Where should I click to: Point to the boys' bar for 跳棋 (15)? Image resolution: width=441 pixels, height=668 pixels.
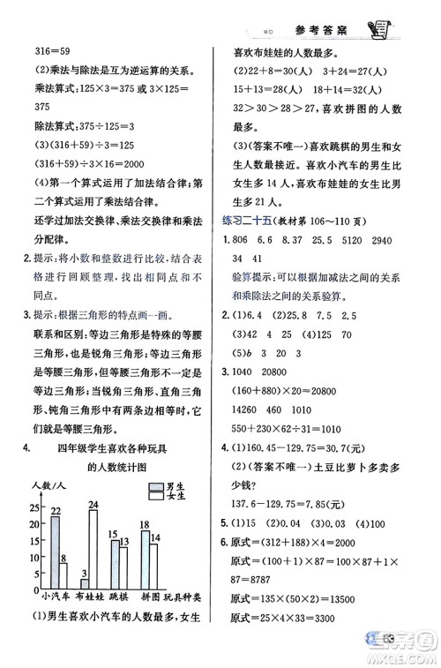114,563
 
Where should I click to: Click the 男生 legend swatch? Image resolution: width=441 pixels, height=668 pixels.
155,485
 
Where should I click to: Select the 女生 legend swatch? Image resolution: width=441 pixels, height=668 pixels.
155,497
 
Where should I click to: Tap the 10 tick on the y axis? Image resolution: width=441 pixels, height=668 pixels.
34,558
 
